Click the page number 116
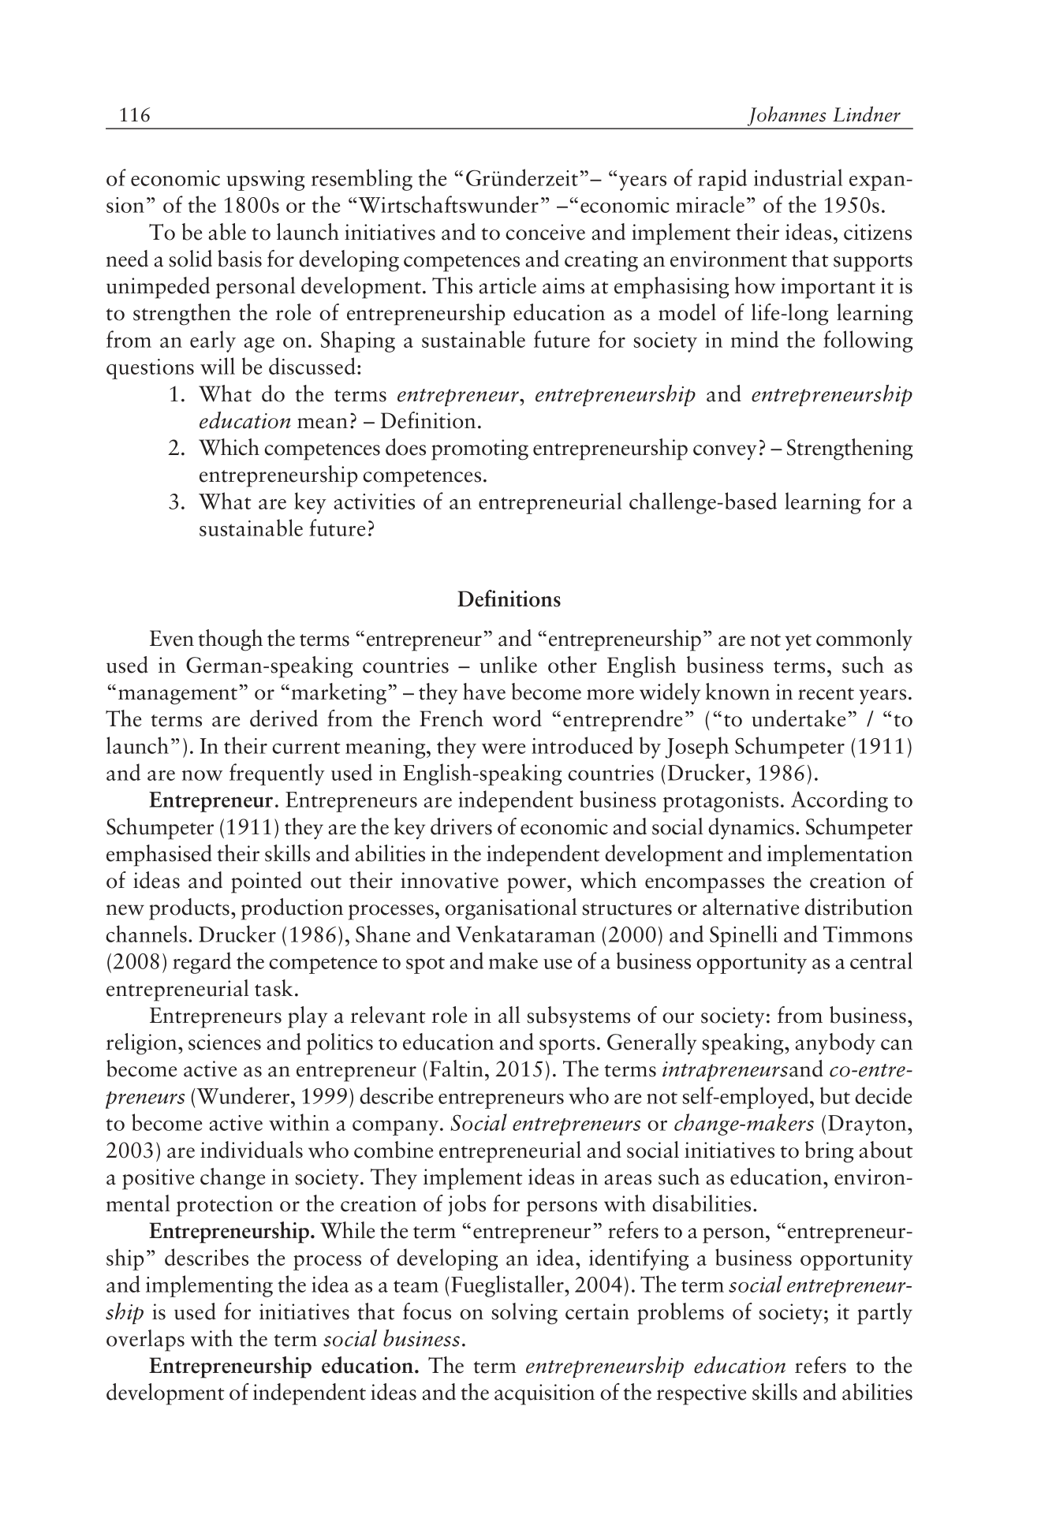point(135,116)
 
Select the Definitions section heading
point(509,600)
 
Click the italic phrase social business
point(392,1339)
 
